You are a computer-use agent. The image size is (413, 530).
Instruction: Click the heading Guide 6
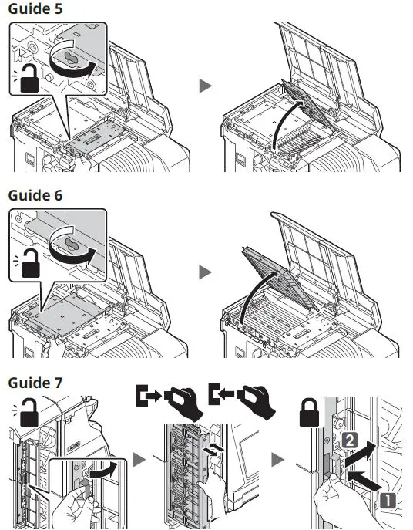(35, 195)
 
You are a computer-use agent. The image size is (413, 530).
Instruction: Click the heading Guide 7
(35, 383)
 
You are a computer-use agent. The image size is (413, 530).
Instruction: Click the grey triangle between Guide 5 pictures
(206, 86)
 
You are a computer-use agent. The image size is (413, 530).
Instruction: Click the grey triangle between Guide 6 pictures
(206, 272)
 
